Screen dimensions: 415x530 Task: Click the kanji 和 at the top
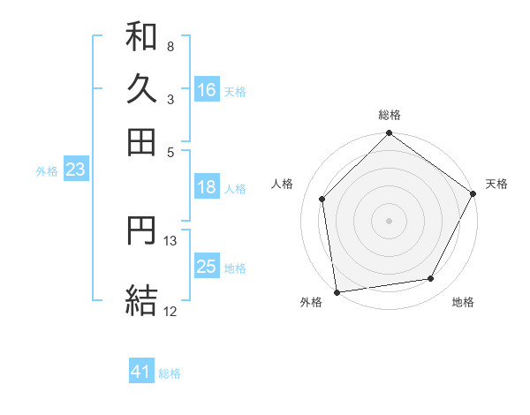tap(141, 38)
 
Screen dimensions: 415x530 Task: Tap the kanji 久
tap(141, 89)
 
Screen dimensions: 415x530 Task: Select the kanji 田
tap(141, 141)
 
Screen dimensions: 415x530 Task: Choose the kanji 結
tap(141, 299)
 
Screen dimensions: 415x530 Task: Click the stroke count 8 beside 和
tap(170, 46)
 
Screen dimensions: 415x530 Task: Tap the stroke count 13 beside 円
tap(170, 239)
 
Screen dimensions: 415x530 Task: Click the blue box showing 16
tap(207, 90)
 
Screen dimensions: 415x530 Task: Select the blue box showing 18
tap(207, 187)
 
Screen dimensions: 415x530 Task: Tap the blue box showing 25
tap(207, 267)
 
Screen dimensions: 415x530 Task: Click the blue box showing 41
tap(141, 373)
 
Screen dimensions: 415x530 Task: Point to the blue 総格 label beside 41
tap(170, 373)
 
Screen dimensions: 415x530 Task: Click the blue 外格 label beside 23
tap(46, 171)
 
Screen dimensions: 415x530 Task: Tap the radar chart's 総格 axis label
tap(389, 115)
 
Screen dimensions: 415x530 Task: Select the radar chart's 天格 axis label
tap(496, 184)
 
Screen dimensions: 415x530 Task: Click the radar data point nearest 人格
tap(322, 199)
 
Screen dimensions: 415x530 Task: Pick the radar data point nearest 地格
tap(431, 279)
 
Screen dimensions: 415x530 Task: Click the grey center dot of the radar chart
tap(389, 220)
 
